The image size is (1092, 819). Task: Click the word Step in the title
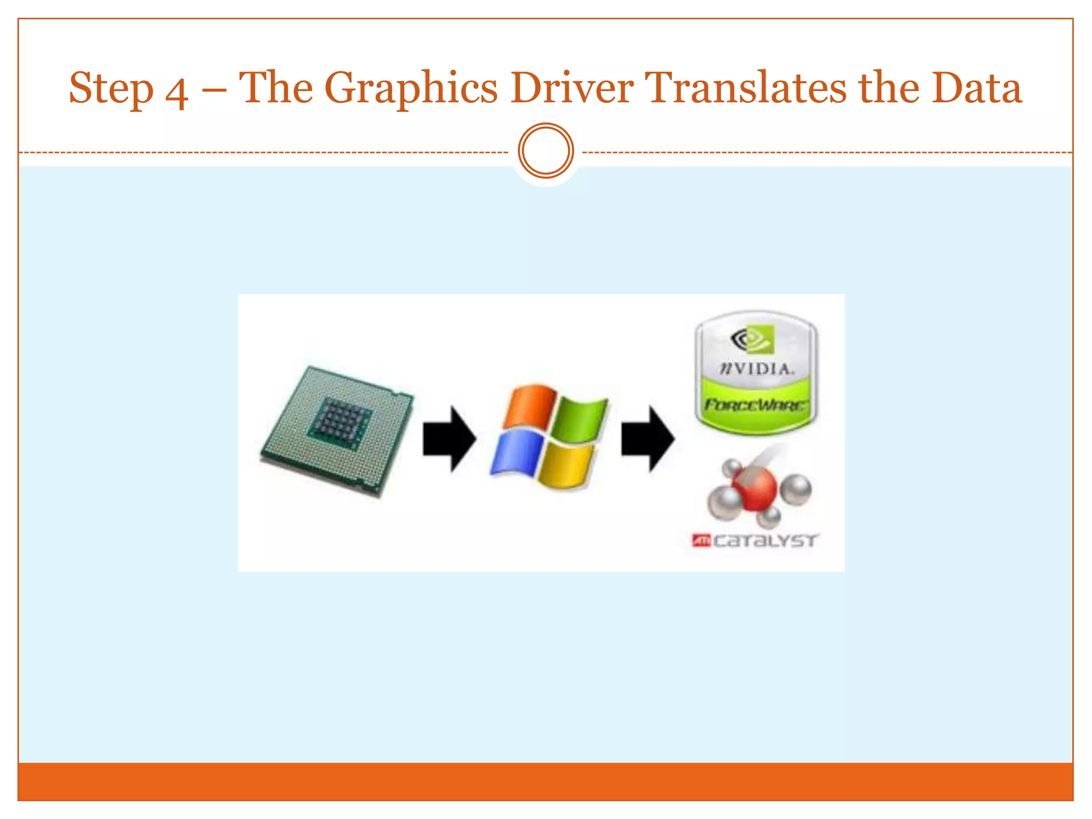click(x=111, y=89)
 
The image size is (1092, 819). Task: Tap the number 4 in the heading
click(x=176, y=92)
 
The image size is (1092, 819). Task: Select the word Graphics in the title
click(x=411, y=89)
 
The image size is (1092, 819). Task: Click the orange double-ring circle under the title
click(x=545, y=151)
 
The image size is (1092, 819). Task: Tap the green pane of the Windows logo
click(x=579, y=419)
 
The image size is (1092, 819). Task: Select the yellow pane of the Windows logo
click(x=565, y=466)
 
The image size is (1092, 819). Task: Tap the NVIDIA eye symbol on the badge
click(x=752, y=339)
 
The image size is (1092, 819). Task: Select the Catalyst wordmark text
click(x=764, y=541)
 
